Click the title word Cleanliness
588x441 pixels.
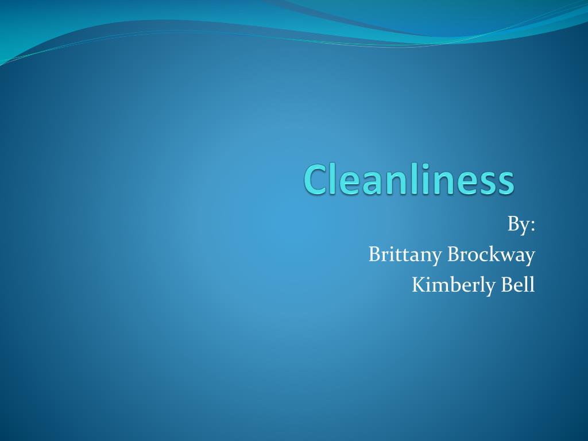coord(408,179)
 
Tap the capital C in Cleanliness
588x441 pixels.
coord(315,180)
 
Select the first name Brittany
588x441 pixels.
coord(405,255)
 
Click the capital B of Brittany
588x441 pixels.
coord(374,254)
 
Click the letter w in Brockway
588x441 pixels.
coord(507,256)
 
